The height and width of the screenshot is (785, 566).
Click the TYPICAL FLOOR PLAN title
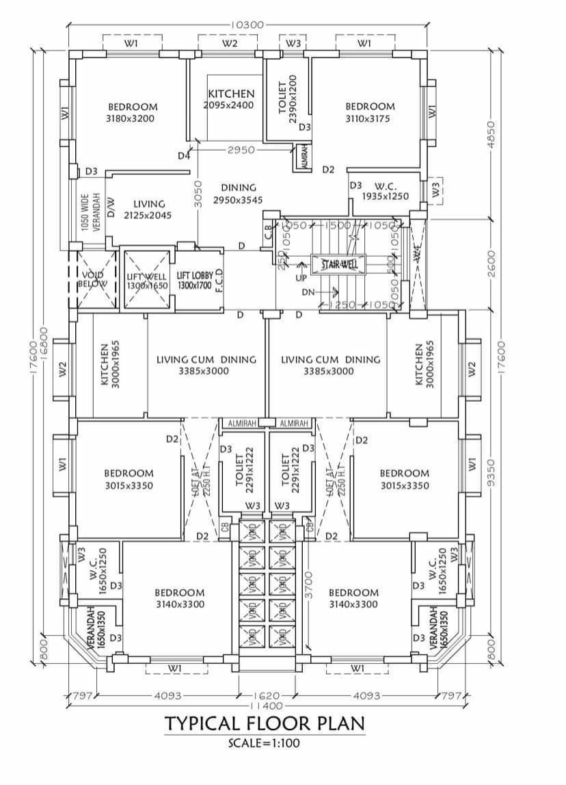264,723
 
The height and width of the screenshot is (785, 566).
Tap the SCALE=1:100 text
264,741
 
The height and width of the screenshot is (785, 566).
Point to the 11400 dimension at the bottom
265,705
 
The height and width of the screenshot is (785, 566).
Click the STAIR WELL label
339,263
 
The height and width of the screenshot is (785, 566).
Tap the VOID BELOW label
88,278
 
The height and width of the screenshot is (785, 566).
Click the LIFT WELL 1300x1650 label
147,281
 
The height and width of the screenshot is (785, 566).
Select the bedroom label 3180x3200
132,112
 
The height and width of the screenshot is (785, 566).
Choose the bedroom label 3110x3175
370,112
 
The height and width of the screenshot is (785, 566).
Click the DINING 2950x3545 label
238,194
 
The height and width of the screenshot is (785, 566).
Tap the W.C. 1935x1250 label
390,191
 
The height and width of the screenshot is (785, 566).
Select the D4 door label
183,156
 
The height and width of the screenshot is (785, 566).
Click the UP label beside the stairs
301,279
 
